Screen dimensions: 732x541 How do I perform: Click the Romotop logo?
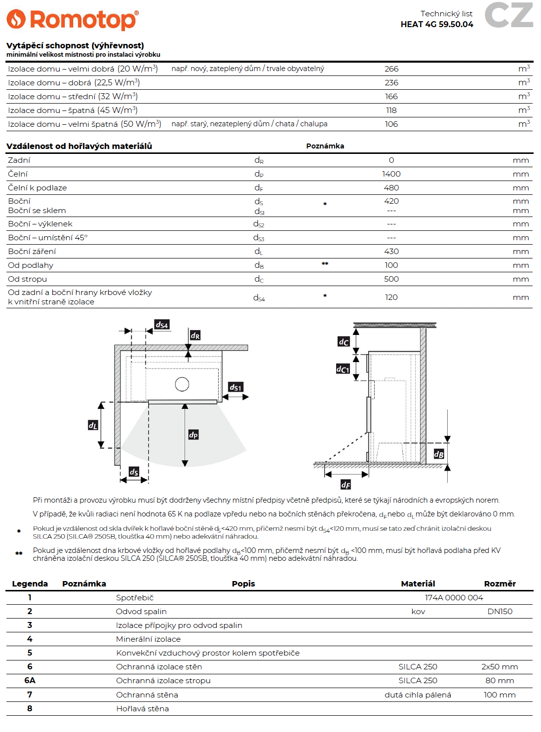coord(73,20)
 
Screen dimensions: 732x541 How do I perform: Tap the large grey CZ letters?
coord(509,15)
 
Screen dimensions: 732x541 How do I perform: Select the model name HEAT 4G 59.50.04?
coord(437,24)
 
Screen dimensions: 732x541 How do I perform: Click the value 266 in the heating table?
coord(391,69)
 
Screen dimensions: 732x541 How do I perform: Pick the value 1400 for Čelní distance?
coord(391,174)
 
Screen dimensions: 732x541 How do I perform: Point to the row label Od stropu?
coord(28,279)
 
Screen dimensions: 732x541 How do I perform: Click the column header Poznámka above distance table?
coord(325,146)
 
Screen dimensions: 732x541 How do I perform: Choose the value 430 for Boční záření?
coord(391,252)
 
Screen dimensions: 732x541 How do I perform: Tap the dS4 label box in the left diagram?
coord(162,325)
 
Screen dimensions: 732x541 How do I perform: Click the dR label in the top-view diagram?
coord(195,335)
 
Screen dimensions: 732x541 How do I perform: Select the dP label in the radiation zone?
coord(193,435)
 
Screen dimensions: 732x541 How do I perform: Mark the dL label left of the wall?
coord(93,425)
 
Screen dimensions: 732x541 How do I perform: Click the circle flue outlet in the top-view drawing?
coord(182,384)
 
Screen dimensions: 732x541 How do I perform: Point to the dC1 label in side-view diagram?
coord(343,368)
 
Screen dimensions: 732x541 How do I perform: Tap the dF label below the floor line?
coord(346,484)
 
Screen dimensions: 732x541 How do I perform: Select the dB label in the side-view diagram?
coord(439,454)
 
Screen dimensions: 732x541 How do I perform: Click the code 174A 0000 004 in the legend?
coord(454,598)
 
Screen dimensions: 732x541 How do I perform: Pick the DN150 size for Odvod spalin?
coord(500,612)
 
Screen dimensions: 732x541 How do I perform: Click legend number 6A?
coord(30,681)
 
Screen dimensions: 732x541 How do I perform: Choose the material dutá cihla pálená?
coord(418,695)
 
